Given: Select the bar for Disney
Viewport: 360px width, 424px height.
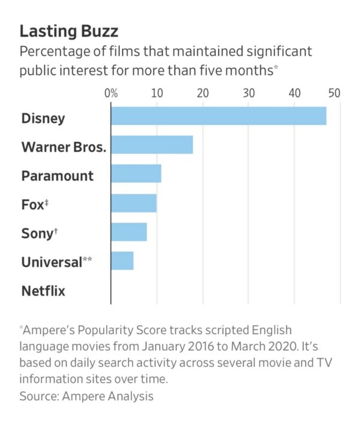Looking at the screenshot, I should (218, 116).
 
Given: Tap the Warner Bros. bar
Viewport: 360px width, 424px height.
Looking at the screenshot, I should (152, 145).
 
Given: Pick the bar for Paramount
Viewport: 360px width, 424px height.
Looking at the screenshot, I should (136, 174).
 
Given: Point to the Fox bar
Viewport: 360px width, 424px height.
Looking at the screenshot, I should (134, 203).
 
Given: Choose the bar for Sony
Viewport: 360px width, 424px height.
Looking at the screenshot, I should (129, 232).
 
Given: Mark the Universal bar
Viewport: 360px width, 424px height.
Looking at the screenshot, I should (122, 261).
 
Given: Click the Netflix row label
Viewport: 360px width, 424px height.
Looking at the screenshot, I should (43, 291).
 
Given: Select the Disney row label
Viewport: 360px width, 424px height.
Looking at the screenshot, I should (43, 118).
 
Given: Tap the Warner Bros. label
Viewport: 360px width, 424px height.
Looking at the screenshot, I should (64, 146).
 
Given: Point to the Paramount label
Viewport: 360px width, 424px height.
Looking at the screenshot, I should (58, 176).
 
